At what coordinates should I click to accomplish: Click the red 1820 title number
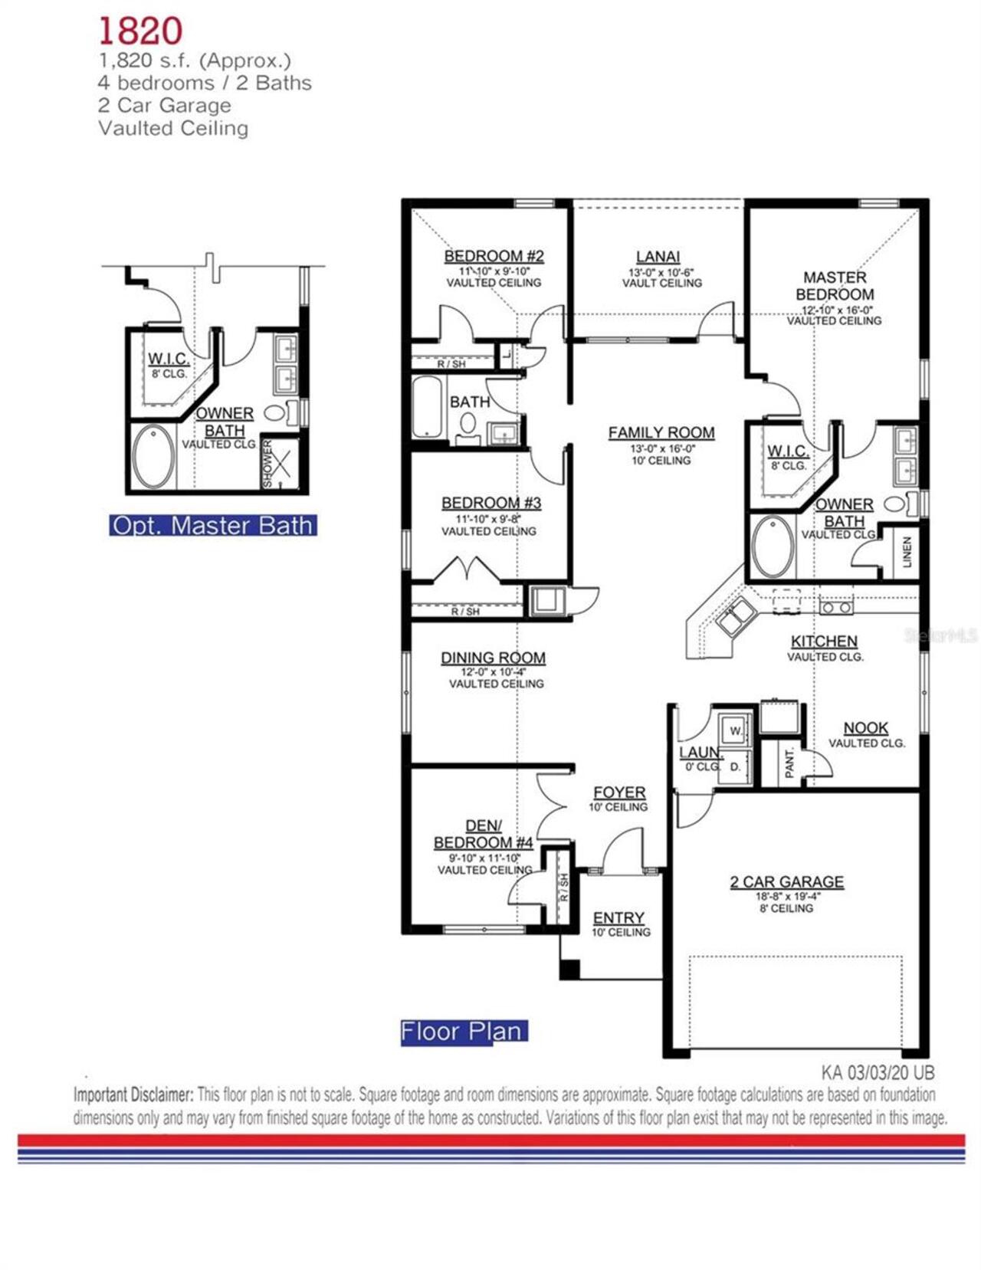pyautogui.click(x=140, y=31)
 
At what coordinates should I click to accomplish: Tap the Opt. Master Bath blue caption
pyautogui.click(x=212, y=526)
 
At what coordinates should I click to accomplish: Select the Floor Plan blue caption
pyautogui.click(x=463, y=1032)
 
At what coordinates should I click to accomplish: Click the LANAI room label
pyautogui.click(x=658, y=257)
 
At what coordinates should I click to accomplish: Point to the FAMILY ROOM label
pyautogui.click(x=661, y=433)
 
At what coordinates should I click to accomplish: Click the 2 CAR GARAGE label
pyautogui.click(x=786, y=882)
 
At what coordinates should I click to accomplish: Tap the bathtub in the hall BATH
pyautogui.click(x=427, y=408)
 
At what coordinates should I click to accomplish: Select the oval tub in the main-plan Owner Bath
pyautogui.click(x=773, y=547)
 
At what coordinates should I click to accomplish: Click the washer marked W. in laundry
pyautogui.click(x=735, y=730)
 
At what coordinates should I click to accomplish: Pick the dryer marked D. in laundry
pyautogui.click(x=735, y=766)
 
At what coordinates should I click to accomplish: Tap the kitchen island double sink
pyautogui.click(x=735, y=616)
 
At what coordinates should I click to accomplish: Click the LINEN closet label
pyautogui.click(x=907, y=553)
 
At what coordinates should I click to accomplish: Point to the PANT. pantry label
pyautogui.click(x=789, y=764)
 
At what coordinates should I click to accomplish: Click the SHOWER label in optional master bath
pyautogui.click(x=267, y=464)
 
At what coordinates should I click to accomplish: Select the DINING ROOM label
pyautogui.click(x=493, y=658)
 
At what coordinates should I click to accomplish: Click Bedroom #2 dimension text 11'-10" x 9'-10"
pyautogui.click(x=494, y=271)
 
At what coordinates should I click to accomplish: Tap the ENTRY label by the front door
pyautogui.click(x=618, y=918)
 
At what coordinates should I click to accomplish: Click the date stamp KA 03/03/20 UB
pyautogui.click(x=878, y=1072)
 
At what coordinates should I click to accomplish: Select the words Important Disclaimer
pyautogui.click(x=133, y=1094)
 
